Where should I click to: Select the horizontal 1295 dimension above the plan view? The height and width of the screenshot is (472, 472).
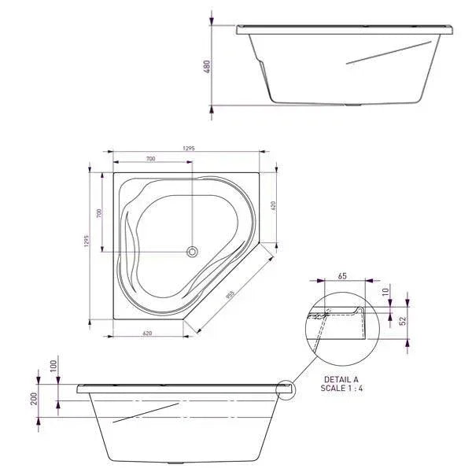tap(188, 147)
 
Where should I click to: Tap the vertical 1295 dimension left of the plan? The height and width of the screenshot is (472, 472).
tap(89, 243)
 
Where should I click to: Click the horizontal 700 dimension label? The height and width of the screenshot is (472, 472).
tap(150, 159)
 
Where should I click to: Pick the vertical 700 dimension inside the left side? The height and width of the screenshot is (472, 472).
tap(100, 213)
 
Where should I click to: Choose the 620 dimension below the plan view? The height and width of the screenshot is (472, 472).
tap(148, 334)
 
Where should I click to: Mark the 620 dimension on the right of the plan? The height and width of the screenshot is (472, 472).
tap(274, 205)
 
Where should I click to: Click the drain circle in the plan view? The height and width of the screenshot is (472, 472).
tap(192, 252)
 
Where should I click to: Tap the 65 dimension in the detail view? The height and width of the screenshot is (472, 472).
tap(342, 276)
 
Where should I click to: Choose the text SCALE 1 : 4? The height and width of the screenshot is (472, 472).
tap(342, 389)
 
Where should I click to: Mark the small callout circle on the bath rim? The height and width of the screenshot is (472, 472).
tap(285, 389)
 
